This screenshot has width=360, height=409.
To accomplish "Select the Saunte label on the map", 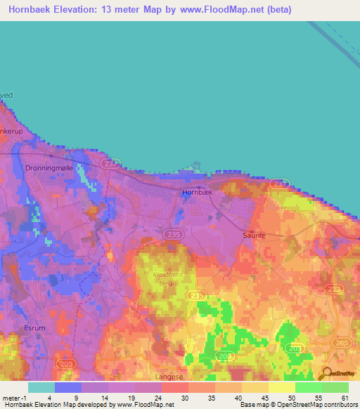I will tap(254, 235).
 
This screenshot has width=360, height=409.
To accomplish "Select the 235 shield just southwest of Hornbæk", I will tap(172, 233).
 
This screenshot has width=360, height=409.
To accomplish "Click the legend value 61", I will tap(345, 398).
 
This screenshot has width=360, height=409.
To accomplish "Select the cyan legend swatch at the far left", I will tap(41, 387).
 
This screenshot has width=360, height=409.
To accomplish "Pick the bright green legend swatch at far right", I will tap(335, 387).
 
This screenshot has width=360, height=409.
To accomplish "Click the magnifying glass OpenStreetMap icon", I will tap(326, 373).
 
